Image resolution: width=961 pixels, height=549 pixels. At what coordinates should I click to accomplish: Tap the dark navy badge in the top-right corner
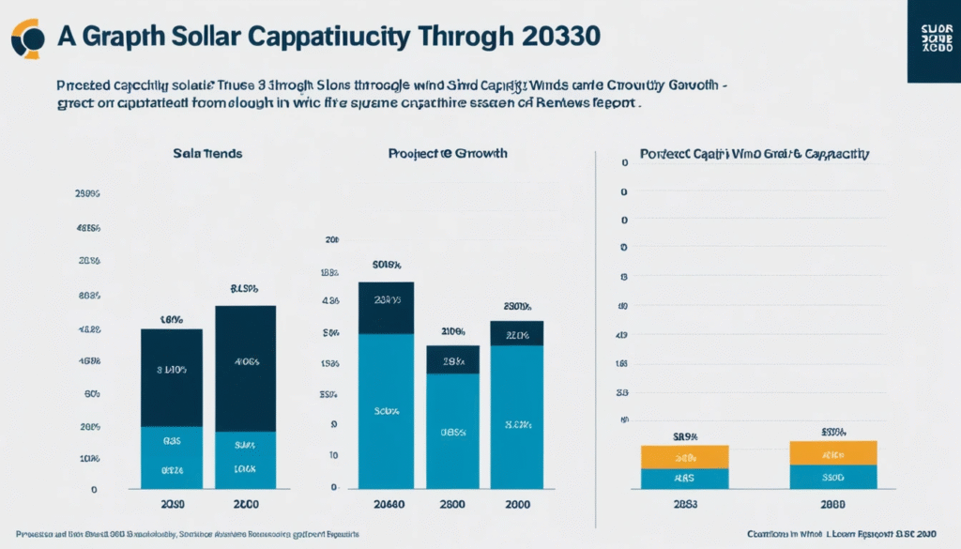coord(934,41)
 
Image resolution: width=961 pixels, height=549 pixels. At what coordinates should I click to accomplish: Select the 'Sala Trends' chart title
coord(207,153)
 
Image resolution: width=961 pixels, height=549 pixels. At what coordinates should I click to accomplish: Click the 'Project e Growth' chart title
coord(448,153)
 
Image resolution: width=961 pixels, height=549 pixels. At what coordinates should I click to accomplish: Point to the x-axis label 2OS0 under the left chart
coord(172,503)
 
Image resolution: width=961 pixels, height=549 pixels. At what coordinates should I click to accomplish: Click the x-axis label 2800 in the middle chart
coord(452,503)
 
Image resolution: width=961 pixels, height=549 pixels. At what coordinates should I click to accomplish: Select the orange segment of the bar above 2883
coord(684,457)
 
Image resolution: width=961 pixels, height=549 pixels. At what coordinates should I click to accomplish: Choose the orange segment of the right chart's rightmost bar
coord(833,452)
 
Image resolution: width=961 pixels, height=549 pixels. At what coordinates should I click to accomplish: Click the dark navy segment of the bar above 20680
coord(386,308)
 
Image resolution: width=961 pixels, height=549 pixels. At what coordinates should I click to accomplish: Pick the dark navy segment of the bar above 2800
coord(452,359)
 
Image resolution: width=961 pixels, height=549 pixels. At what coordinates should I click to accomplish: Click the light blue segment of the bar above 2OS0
coord(172,457)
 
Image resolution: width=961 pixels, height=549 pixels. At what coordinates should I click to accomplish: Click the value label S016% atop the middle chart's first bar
coord(386,265)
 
